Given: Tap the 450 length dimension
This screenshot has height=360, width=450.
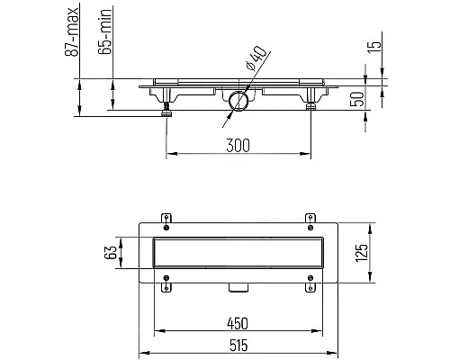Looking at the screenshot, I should [x=237, y=322].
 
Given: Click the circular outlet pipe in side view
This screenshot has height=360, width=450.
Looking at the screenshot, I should [x=238, y=100].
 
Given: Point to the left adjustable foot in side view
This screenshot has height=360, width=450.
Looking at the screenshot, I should [x=166, y=109].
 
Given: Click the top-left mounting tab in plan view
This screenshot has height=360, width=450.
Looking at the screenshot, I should [x=166, y=217].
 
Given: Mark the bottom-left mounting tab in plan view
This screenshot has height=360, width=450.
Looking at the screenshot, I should [x=166, y=289].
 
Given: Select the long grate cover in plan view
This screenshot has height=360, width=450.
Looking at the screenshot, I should [x=237, y=254].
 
